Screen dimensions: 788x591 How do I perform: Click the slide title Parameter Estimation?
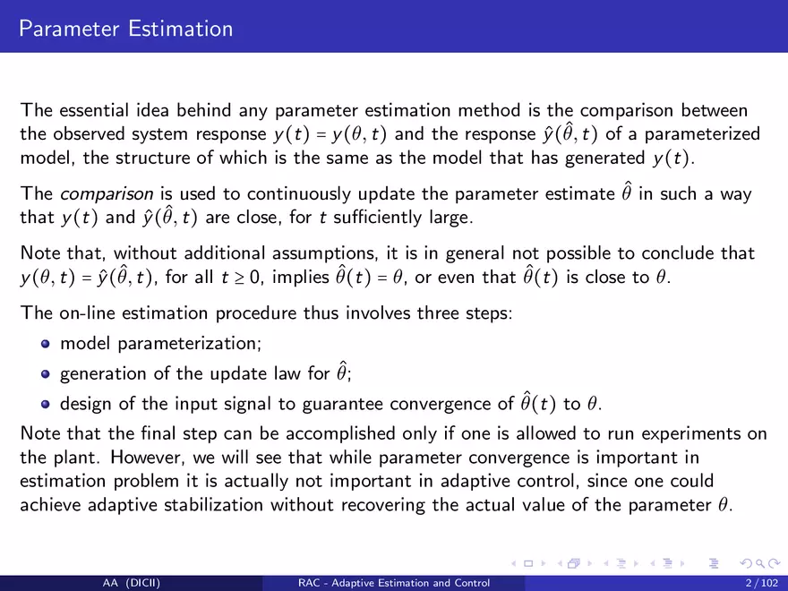pos(126,29)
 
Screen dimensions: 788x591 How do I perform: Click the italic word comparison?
pos(107,194)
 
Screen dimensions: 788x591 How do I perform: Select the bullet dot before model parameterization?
pos(46,344)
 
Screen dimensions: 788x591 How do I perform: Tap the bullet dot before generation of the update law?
pos(46,374)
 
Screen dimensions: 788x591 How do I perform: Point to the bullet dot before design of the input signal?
pos(46,405)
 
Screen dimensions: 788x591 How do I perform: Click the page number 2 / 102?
pos(762,583)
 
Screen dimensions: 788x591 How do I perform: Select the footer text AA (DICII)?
pos(132,583)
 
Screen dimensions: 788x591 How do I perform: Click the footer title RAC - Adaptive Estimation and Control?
pos(394,583)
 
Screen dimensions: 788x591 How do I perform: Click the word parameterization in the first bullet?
pos(190,344)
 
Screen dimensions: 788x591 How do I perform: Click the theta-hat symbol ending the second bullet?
pos(342,372)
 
